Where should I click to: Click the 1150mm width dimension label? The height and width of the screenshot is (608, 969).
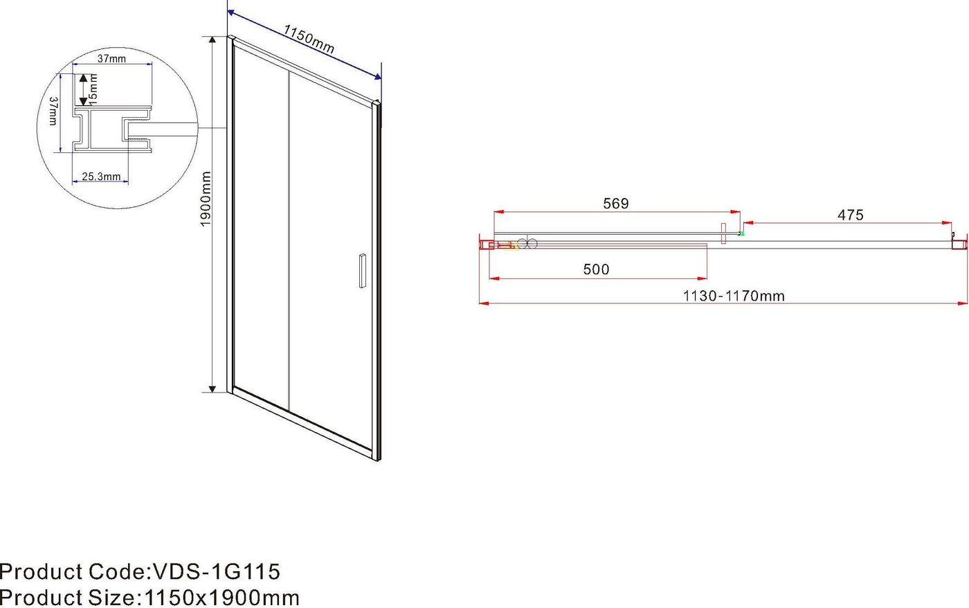[309, 39]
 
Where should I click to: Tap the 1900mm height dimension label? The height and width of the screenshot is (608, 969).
[206, 199]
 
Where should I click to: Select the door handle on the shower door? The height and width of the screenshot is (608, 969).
[363, 271]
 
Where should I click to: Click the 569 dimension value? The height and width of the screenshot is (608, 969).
[615, 204]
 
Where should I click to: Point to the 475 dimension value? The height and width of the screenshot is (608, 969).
[851, 215]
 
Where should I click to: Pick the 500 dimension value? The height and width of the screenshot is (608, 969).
[596, 269]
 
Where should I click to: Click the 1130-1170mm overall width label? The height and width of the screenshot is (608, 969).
[734, 296]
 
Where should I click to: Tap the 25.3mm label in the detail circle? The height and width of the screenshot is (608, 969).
[101, 177]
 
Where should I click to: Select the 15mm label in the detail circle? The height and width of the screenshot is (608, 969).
[93, 89]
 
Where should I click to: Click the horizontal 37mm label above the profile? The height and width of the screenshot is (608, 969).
[111, 58]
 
